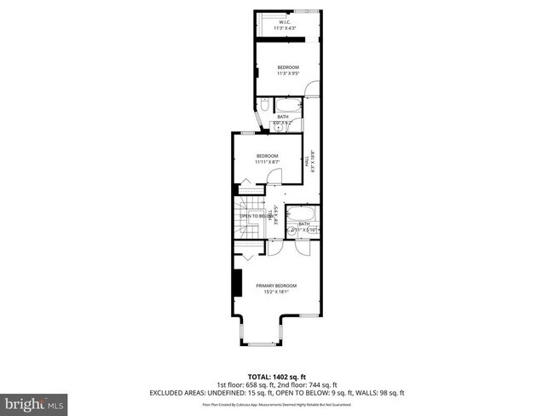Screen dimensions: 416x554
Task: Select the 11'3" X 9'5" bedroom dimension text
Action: click(287, 74)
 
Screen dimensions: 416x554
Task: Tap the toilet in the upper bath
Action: click(264, 106)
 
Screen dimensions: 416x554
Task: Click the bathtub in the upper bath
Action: click(287, 105)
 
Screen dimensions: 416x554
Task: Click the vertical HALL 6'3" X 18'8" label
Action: click(310, 161)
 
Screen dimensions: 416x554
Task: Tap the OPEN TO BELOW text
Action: click(256, 217)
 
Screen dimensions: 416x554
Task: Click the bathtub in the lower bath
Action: click(299, 215)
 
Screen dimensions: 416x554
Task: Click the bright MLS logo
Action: click(35, 402)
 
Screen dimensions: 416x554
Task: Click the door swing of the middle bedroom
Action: click(274, 176)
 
